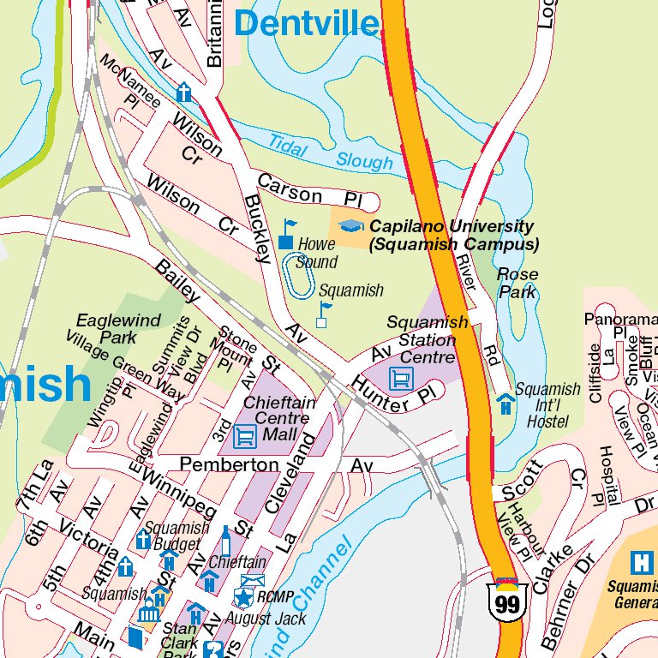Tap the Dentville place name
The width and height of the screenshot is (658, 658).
[306, 23]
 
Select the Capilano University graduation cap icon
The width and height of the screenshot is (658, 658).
[350, 226]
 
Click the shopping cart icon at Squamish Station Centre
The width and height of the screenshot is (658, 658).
[400, 377]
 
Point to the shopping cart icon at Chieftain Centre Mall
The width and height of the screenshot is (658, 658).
[245, 436]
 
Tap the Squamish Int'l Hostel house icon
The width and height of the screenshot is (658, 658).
[505, 403]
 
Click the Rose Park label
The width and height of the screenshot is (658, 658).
[517, 284]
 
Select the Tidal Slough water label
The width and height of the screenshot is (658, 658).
[330, 152]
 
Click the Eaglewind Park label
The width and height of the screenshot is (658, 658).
[106, 328]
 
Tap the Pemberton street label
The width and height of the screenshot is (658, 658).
[229, 464]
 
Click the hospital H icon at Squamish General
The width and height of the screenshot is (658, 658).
[640, 562]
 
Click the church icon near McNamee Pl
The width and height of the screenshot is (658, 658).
[183, 92]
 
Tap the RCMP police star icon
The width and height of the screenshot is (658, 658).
[245, 596]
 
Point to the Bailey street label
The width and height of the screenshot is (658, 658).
[177, 281]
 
